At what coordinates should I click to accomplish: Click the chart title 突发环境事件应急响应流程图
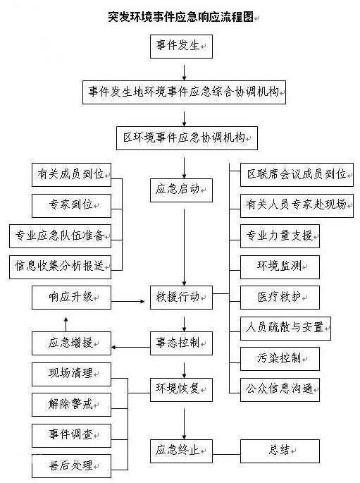pos(181,17)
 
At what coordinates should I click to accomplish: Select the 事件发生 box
pos(181,47)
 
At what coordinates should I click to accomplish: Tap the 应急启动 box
pos(181,190)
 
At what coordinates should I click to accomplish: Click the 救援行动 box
pos(181,298)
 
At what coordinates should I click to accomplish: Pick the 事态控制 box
pos(181,343)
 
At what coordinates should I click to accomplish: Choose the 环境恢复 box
pos(181,389)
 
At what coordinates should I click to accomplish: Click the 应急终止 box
pos(181,451)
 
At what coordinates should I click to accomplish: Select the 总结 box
pos(280,451)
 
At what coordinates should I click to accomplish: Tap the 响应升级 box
pos(71,298)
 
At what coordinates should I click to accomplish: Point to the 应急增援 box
pos(71,343)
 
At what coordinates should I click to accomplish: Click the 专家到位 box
pos(71,205)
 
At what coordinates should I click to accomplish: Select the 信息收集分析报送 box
pos(60,267)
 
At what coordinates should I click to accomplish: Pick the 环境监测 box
pos(280,267)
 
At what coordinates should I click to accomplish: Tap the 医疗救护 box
pos(280,298)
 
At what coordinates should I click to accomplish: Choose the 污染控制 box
pos(280,359)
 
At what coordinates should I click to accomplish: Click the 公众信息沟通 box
pos(280,389)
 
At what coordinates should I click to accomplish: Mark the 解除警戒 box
pos(71,405)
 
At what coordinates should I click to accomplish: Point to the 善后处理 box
pos(71,466)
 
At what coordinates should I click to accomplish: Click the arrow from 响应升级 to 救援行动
pos(128,301)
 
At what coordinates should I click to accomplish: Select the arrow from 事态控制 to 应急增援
pos(130,347)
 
